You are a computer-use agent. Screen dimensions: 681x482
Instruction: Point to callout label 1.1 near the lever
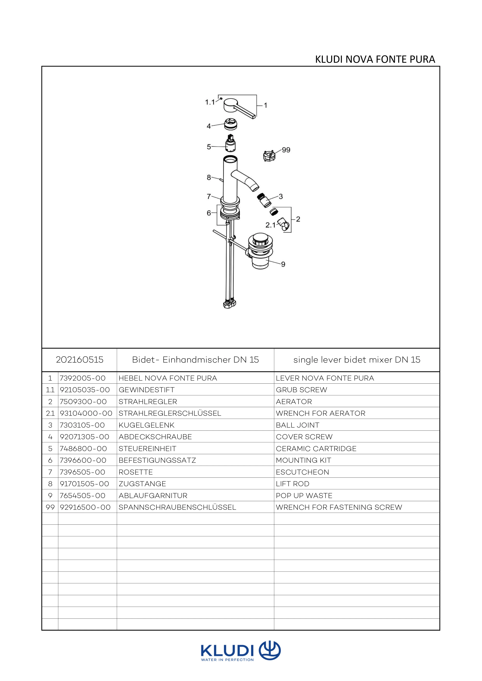pyautogui.click(x=210, y=102)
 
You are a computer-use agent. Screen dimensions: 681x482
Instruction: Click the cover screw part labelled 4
pyautogui.click(x=231, y=124)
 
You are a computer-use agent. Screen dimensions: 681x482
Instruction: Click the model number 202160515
pyautogui.click(x=79, y=360)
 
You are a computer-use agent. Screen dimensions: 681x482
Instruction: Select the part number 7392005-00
pyautogui.click(x=83, y=378)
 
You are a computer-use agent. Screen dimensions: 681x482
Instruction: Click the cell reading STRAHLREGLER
pyautogui.click(x=148, y=402)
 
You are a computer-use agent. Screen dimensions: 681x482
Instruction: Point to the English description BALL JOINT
pyautogui.click(x=297, y=425)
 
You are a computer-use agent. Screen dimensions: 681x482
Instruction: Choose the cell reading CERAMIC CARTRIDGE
pyautogui.click(x=316, y=448)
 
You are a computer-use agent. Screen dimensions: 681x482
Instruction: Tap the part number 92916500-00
pyautogui.click(x=85, y=507)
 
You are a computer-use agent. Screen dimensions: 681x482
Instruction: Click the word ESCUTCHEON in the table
pyautogui.click(x=302, y=472)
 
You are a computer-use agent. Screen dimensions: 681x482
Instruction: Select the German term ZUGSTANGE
pyautogui.click(x=142, y=484)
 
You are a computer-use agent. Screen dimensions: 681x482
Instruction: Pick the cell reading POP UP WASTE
pyautogui.click(x=304, y=495)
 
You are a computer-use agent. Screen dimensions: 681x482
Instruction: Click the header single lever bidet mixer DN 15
pyautogui.click(x=357, y=360)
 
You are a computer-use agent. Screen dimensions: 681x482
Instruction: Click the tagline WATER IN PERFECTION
pyautogui.click(x=227, y=660)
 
